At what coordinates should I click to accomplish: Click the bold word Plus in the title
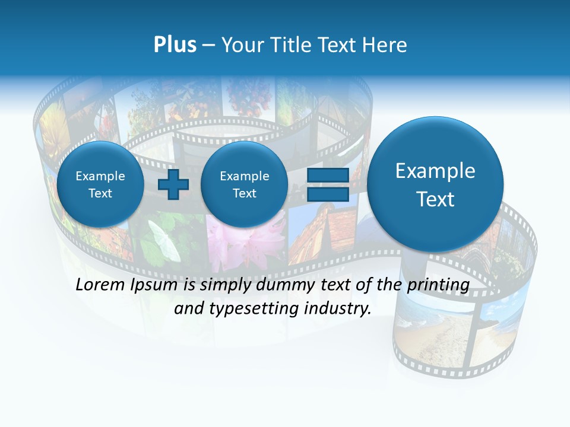coord(175,45)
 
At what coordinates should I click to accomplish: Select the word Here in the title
coord(385,45)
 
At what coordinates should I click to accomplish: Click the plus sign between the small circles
coord(173,184)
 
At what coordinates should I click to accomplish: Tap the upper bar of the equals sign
coord(328,175)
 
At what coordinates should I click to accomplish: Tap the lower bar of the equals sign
coord(328,194)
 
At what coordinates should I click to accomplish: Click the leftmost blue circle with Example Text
coord(100,184)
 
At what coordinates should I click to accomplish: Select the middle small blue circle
coord(244,184)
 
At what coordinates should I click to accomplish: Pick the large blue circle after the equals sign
coord(435,184)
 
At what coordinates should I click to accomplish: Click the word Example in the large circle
coord(435,171)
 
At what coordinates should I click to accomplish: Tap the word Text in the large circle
coord(435,199)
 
